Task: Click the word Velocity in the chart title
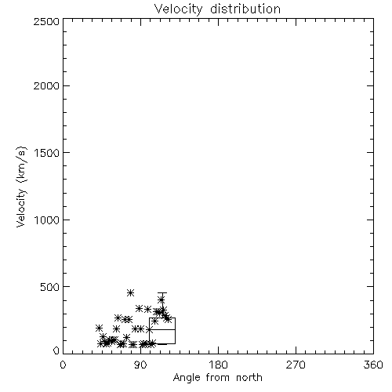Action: [179, 9]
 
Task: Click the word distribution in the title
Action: [245, 9]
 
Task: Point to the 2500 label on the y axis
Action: [46, 21]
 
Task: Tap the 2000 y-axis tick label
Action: [46, 85]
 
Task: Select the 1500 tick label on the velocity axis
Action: [47, 153]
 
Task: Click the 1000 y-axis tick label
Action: [47, 220]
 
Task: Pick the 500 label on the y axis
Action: [50, 287]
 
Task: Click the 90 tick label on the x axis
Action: [140, 365]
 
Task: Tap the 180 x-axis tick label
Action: [218, 365]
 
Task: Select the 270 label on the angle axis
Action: [296, 365]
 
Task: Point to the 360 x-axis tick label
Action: [373, 365]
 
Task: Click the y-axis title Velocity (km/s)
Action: [21, 187]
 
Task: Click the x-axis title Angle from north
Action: [218, 378]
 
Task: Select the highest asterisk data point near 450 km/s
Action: [130, 293]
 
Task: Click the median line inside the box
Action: [162, 329]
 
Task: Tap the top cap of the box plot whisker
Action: [162, 293]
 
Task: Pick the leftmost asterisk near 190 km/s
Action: [99, 328]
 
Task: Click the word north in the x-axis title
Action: [249, 378]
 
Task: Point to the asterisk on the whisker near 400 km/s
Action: [162, 299]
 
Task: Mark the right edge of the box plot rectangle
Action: [175, 331]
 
